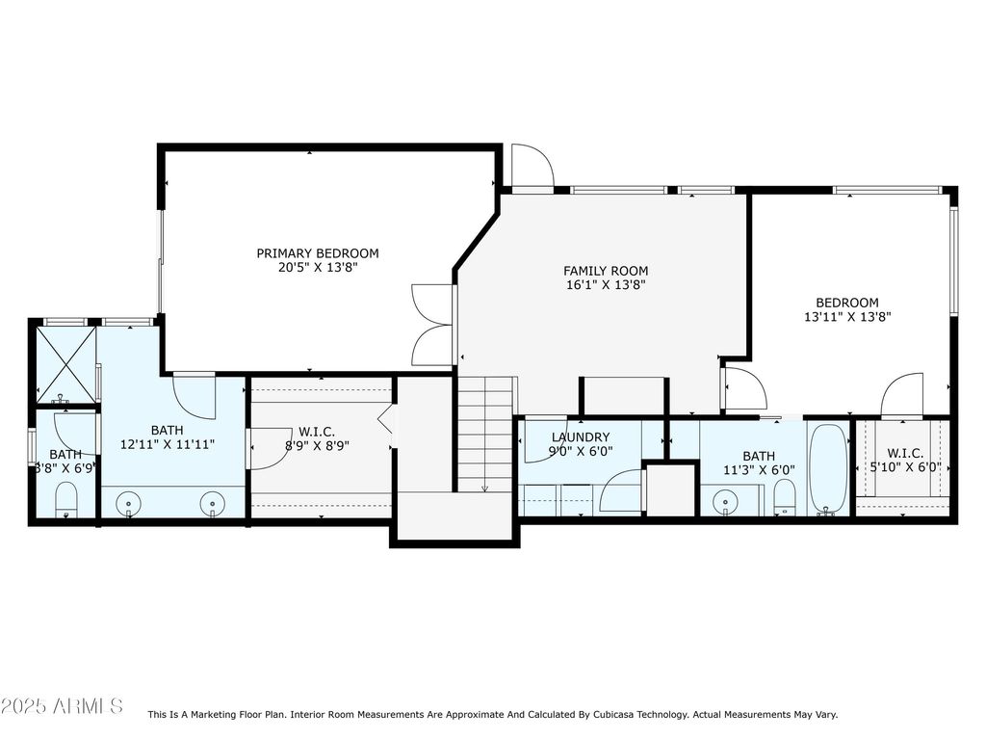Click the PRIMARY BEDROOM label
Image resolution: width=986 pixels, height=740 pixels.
318,253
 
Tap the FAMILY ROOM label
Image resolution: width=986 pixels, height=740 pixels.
606,271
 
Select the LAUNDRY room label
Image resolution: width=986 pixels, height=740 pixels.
581,437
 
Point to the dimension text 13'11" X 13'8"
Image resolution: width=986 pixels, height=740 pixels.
847,317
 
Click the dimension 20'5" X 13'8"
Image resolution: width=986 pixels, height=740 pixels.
318,268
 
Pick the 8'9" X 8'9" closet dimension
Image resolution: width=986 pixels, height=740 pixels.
317,446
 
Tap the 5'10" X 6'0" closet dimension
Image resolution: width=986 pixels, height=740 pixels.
905,467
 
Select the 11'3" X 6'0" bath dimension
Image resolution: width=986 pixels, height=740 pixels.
759,470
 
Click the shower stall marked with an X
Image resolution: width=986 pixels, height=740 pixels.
66,364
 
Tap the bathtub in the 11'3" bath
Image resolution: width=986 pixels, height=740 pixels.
827,469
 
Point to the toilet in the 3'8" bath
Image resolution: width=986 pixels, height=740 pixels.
66,500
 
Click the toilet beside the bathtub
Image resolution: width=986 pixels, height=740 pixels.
784,497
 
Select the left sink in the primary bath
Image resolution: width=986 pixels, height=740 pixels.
129,504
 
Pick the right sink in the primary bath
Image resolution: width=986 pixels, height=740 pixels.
213,504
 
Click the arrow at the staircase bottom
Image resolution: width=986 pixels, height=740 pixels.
485,488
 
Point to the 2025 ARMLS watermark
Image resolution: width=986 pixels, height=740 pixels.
62,705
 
